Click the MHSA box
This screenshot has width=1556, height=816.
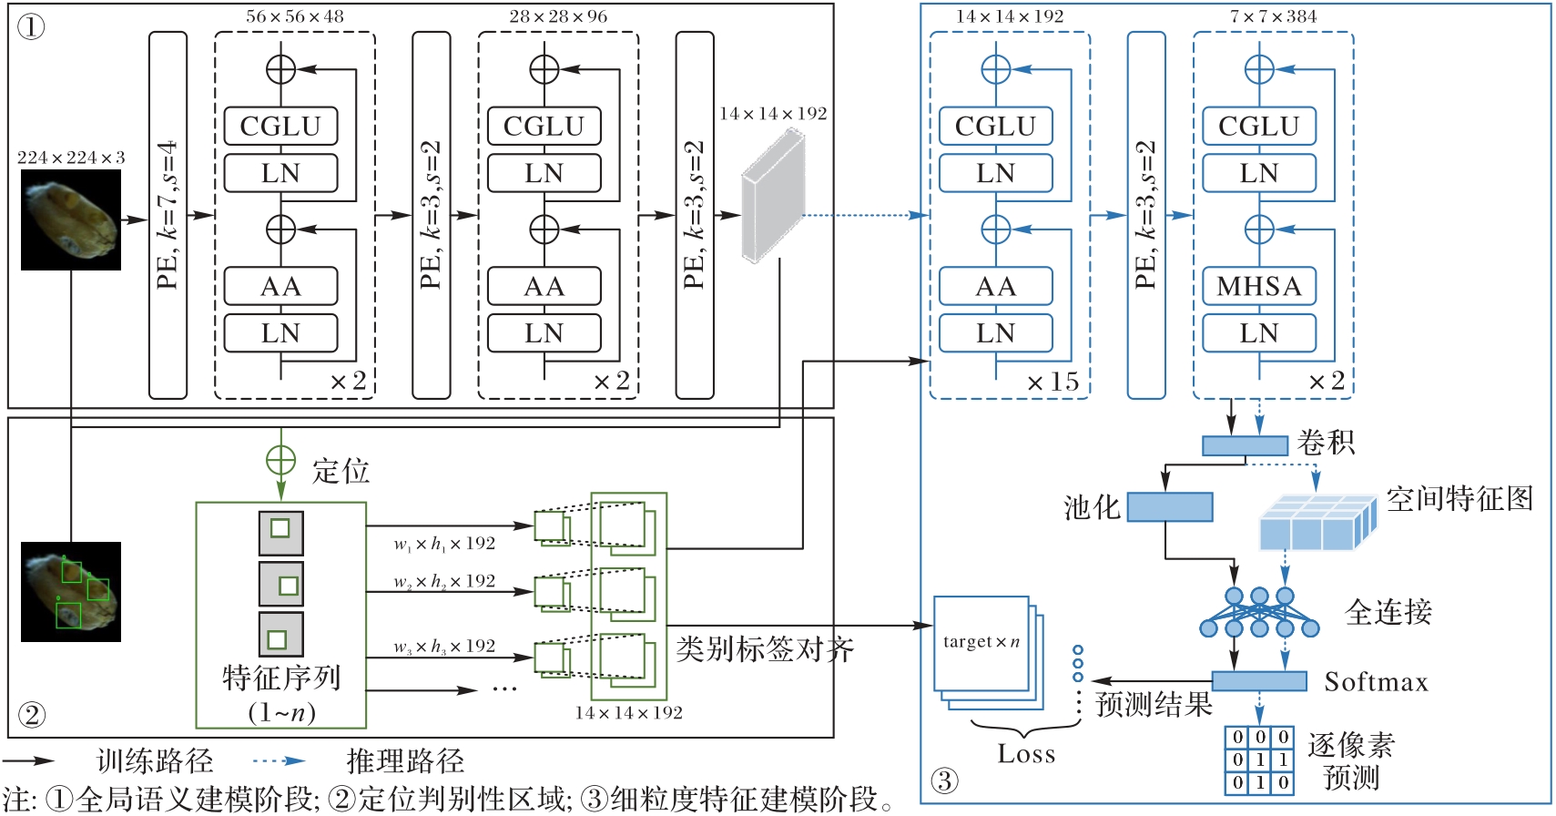(1258, 286)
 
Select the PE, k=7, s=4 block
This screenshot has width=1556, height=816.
(168, 215)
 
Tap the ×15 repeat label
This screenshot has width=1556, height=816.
(1053, 382)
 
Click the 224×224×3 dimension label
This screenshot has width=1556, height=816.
(71, 158)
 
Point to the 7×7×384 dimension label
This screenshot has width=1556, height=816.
(1273, 16)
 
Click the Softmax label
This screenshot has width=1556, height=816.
(1376, 682)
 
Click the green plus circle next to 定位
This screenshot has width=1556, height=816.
(280, 460)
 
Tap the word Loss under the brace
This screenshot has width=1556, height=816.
(1026, 753)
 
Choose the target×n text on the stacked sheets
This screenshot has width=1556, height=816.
(981, 641)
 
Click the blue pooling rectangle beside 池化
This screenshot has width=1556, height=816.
(1170, 506)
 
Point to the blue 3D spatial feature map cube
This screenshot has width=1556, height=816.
(1318, 522)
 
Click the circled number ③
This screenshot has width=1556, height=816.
(945, 780)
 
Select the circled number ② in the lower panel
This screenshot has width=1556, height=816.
(32, 715)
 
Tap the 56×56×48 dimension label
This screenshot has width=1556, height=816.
(294, 16)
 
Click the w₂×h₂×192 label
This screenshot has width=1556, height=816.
(444, 581)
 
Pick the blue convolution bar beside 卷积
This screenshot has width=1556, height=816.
(1245, 445)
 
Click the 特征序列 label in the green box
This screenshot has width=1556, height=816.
(281, 678)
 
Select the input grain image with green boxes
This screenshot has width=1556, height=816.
(71, 591)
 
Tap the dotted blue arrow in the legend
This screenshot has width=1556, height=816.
(280, 760)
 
